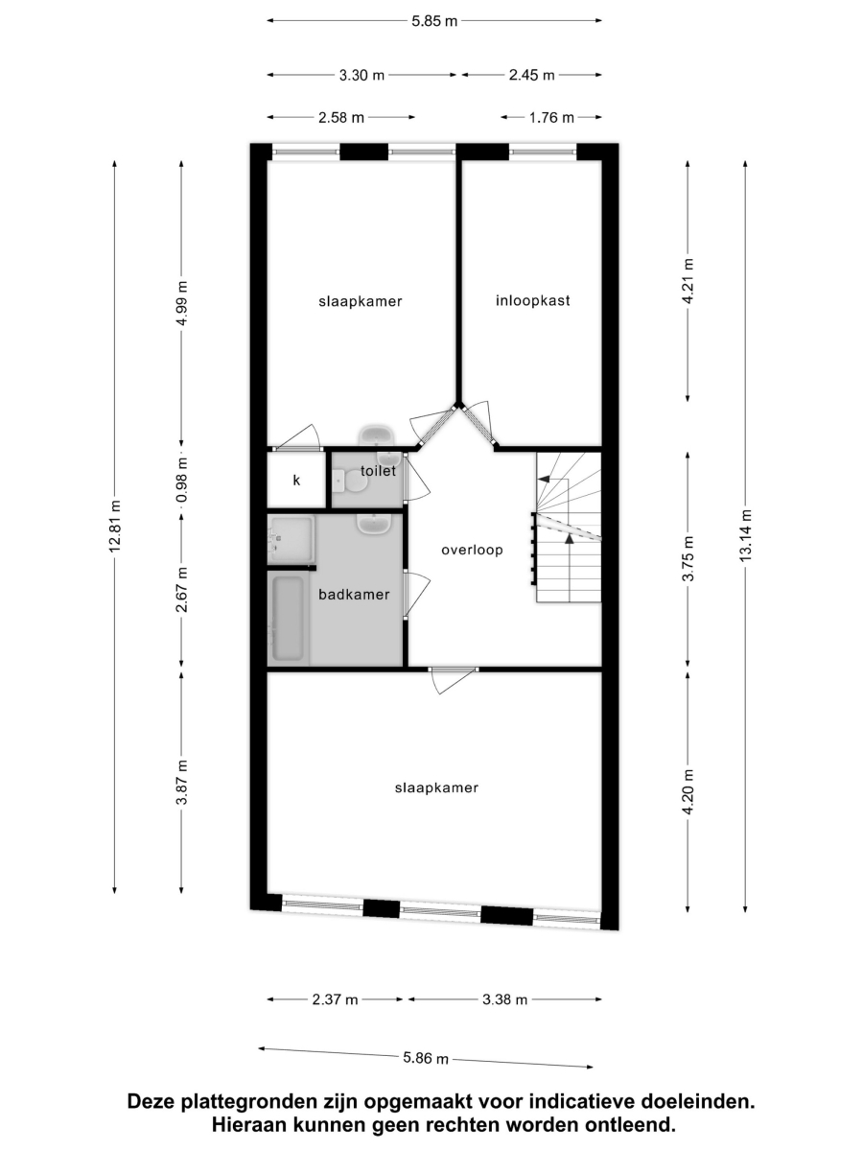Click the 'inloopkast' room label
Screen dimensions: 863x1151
[x=532, y=300]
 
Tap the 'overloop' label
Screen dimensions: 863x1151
[x=472, y=550]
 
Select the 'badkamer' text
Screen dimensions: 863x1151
[x=354, y=595]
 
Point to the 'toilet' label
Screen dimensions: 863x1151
[x=378, y=471]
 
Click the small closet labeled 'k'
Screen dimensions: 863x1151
[x=296, y=481]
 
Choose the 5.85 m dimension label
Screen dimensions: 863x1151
[x=434, y=21]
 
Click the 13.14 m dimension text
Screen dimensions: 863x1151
[x=745, y=536]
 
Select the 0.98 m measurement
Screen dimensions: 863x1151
[x=182, y=481]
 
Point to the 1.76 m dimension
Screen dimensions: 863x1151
[x=551, y=118]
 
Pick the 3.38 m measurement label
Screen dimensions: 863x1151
[x=504, y=1000]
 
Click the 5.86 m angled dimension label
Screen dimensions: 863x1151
[x=426, y=1058]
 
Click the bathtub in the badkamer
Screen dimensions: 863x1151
[x=288, y=619]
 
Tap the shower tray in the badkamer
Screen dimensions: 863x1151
[x=291, y=540]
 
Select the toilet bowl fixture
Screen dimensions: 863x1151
[x=349, y=481]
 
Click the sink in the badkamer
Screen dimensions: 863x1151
[x=373, y=524]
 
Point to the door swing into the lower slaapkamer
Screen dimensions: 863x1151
[x=454, y=680]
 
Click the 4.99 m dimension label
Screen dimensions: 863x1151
[x=182, y=304]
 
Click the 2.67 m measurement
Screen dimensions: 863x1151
[x=182, y=590]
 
